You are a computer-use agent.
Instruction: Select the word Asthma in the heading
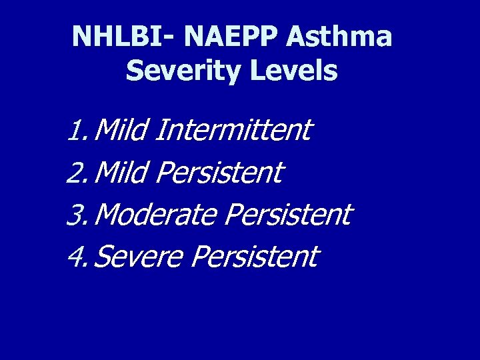339,37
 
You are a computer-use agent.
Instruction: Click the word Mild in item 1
121,130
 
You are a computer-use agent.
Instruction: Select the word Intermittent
233,130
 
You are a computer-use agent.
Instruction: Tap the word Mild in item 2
121,173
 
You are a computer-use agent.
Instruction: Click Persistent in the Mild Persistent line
219,173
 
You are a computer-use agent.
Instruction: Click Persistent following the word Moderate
287,215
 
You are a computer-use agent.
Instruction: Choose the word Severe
139,257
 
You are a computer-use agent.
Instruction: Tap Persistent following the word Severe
254,257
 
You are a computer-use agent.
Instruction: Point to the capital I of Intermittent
159,130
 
